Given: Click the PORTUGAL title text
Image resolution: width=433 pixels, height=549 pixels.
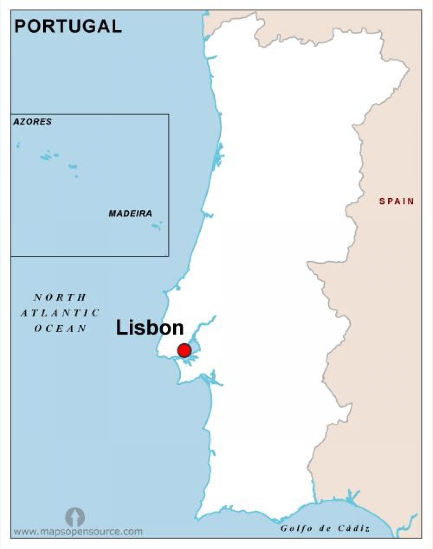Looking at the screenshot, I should (68, 26).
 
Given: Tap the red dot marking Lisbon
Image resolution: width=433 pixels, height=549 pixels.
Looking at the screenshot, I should (184, 350).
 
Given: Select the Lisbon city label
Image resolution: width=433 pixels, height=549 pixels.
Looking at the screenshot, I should (150, 328).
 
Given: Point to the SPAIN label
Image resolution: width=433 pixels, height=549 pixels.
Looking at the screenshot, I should (397, 201).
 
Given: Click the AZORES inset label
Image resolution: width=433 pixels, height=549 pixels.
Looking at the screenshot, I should (32, 122).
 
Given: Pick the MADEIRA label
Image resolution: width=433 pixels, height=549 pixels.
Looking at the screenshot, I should (130, 213).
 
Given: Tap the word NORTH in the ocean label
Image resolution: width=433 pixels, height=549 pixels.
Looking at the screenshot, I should (60, 298).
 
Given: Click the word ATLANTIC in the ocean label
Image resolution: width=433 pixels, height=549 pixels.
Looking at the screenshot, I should (60, 313).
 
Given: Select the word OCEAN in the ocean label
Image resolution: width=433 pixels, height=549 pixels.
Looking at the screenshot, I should (60, 329).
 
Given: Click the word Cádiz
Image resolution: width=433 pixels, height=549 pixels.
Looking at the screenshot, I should (354, 529).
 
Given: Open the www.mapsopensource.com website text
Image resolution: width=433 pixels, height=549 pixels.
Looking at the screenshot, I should (78, 532).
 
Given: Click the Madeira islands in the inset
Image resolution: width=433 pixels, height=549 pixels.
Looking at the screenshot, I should (157, 226).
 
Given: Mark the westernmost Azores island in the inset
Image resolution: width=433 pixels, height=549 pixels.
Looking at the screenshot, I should (18, 145).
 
